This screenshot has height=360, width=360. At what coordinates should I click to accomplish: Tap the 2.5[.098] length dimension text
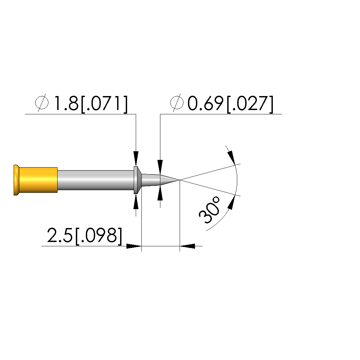click(85, 236)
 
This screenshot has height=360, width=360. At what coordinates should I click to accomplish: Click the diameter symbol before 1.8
click(42, 103)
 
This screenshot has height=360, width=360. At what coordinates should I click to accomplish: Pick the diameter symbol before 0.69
click(177, 103)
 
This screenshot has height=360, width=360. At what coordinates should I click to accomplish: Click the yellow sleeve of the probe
click(38, 180)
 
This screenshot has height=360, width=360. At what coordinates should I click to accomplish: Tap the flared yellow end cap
click(16, 180)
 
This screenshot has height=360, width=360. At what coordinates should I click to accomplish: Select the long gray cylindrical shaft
click(95, 180)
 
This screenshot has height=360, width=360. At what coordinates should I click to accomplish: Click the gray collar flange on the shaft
click(137, 180)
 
